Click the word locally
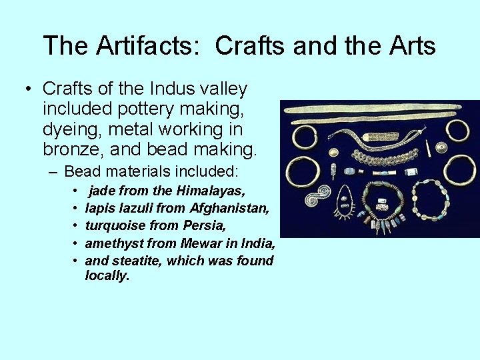[107, 276]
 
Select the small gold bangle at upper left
[305, 137]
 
